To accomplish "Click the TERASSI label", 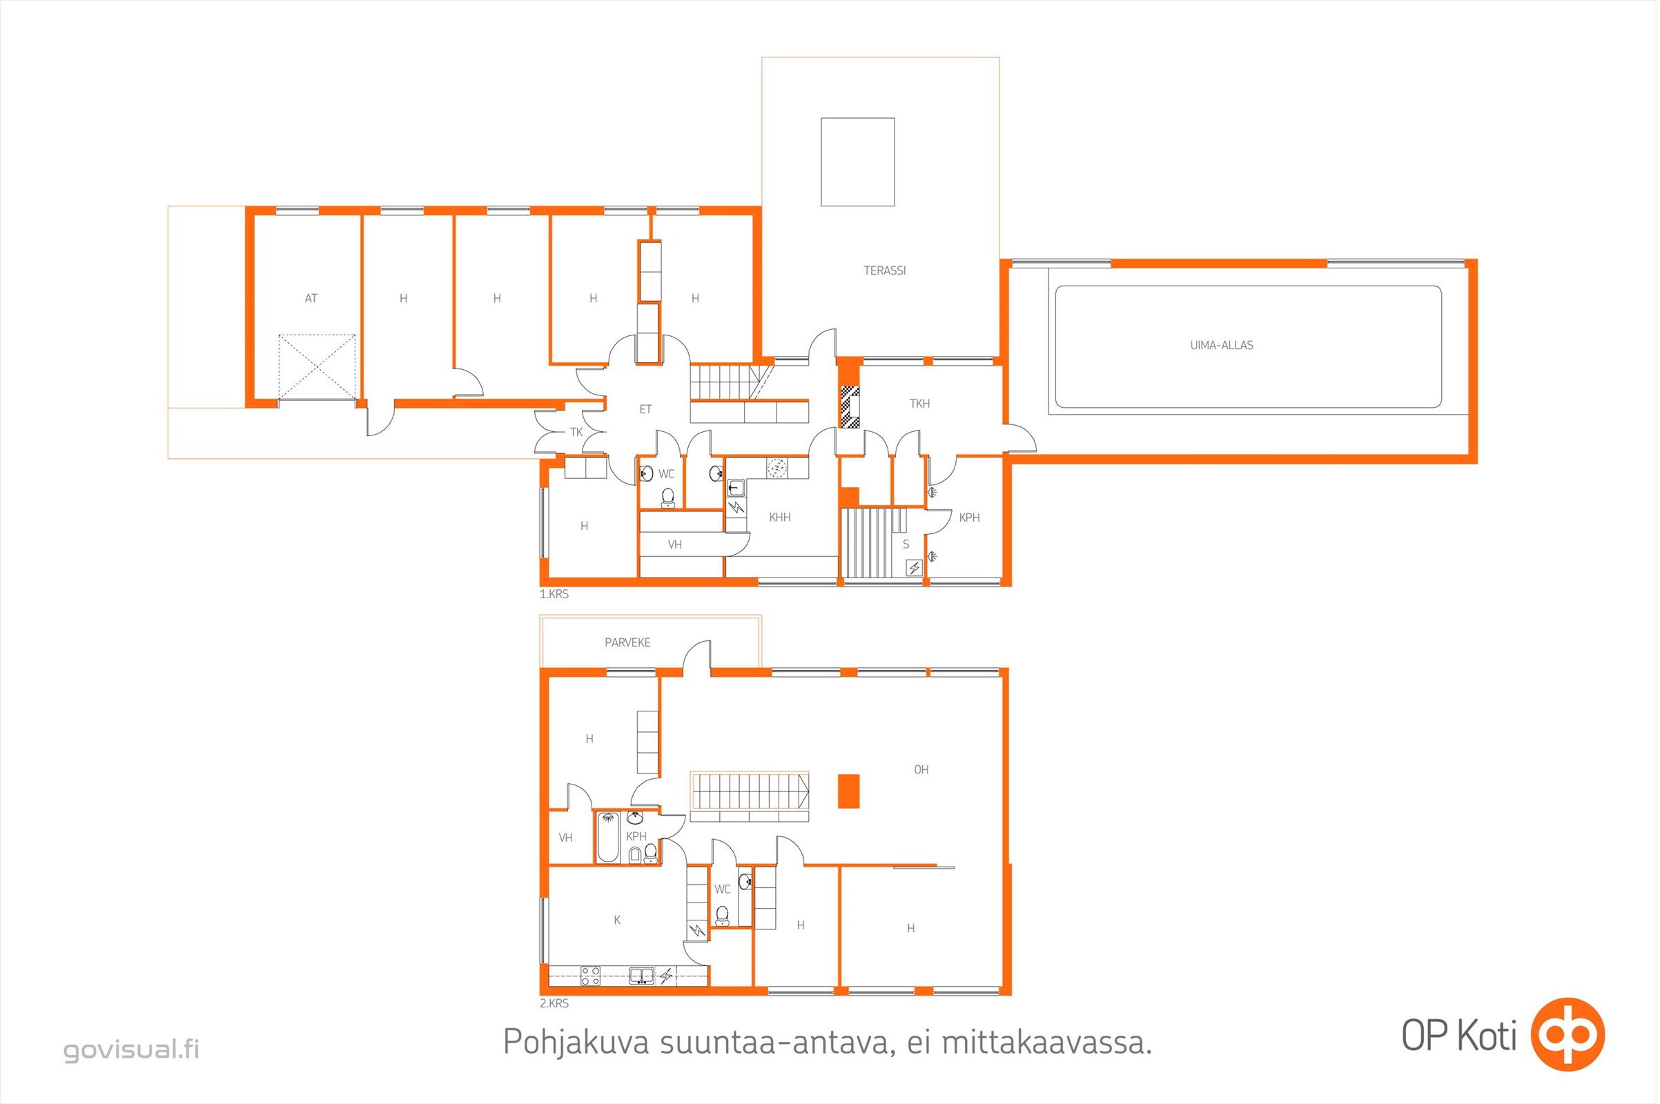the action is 885,270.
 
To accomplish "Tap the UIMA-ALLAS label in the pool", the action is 1221,345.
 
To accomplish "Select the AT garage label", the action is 311,299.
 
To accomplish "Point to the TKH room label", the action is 919,404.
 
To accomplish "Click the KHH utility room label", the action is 780,517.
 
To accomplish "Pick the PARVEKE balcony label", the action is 627,643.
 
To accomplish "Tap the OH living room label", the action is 921,769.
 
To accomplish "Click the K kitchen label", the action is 617,920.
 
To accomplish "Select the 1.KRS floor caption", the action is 554,594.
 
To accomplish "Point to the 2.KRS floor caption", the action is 554,1003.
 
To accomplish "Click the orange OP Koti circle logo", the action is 1568,1035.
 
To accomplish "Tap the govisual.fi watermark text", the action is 132,1049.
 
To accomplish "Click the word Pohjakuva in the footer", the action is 576,1043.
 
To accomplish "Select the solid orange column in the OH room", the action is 849,791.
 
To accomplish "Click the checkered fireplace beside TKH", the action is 850,407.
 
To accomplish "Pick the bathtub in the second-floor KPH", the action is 608,837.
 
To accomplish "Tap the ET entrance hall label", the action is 645,410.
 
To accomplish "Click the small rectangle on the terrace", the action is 857,162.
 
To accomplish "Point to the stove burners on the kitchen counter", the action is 590,976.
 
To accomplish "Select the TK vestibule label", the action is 576,433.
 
